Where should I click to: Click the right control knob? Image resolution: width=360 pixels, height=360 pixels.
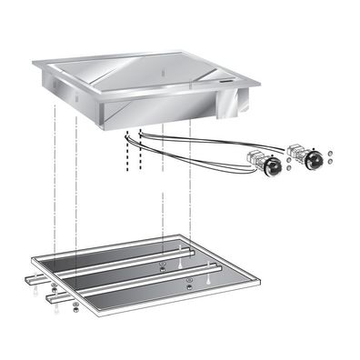tap(315, 161)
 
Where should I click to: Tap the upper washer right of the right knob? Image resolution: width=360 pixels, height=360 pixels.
tap(330, 152)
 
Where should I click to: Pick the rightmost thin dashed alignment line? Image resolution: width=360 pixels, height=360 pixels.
tap(190, 182)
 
